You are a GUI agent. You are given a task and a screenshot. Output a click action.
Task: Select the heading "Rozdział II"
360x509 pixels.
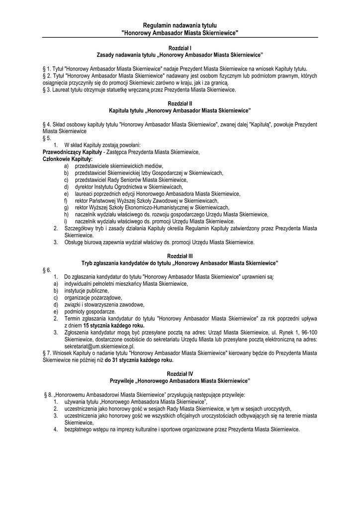180,102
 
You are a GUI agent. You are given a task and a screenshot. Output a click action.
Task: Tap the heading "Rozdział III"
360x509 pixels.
180,255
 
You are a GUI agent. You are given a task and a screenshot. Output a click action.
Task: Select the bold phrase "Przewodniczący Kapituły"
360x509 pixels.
73,152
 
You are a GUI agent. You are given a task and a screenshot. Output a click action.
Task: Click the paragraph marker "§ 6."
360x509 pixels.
48,269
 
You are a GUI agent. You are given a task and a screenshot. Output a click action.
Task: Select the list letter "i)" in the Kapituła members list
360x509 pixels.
66,221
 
